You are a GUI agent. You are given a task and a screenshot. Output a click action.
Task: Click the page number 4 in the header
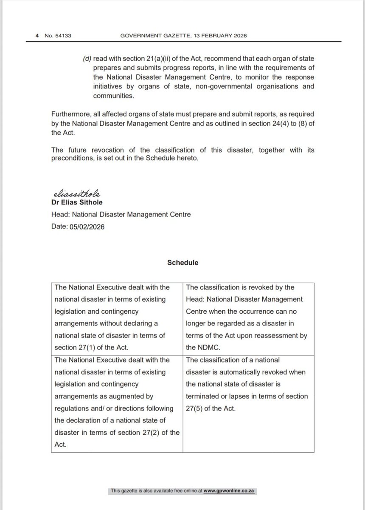pos(37,36)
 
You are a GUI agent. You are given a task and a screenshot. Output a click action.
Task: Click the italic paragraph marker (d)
pos(87,58)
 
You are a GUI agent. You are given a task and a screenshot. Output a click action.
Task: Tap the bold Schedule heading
pos(182,263)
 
